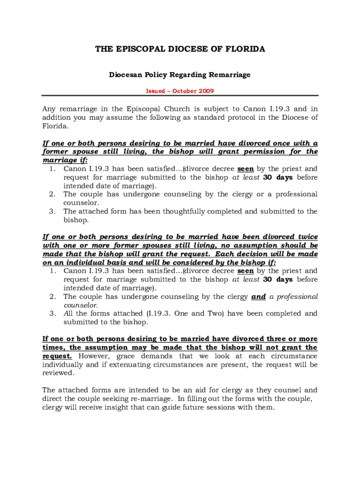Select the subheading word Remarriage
[229, 75]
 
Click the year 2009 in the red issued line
[205, 91]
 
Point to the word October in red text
[179, 91]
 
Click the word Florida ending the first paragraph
[55, 126]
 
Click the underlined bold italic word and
[259, 297]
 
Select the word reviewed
[58, 373]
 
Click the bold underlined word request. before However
[57, 356]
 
